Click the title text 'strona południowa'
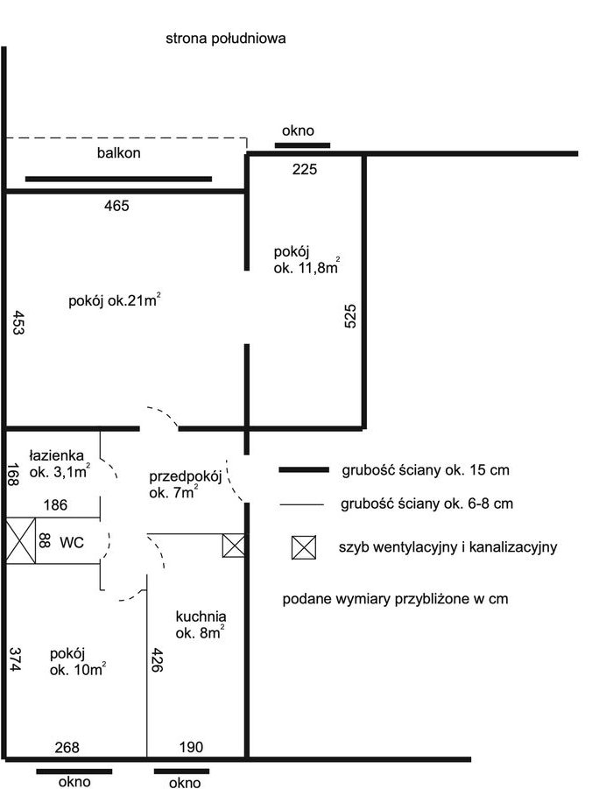coord(226,39)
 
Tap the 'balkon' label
coord(119,152)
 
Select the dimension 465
coord(116,206)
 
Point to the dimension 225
coord(305,169)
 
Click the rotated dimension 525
coord(350,316)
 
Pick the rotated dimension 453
coord(18,323)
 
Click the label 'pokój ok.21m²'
coord(115,299)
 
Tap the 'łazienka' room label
coord(56,455)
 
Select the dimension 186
coord(55,504)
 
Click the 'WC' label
coord(72,542)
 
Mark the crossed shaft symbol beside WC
coord(21,540)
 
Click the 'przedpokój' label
coord(186,477)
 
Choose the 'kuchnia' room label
coord(201,616)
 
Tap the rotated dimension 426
coord(157,660)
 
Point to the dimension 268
coord(67,747)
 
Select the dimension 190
coord(191,747)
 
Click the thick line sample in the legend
coord(304,469)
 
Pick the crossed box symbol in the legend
coord(304,547)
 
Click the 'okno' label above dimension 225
coord(298,130)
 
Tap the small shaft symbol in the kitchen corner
coord(234,546)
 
